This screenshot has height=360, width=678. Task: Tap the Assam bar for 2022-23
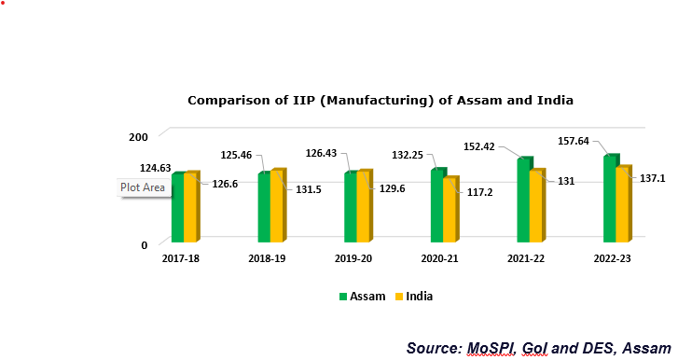coord(610,200)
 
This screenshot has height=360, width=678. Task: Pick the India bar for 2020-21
coord(450,212)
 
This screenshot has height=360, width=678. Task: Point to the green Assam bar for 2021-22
coord(524,201)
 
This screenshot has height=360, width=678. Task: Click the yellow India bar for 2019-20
coord(363,208)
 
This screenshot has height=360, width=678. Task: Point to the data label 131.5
coord(311,188)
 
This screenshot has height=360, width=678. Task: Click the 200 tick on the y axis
coord(138,137)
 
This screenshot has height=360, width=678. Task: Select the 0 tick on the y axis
coord(145,245)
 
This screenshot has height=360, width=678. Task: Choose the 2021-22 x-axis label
coord(525,258)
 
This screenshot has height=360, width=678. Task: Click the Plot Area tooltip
coord(144,187)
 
